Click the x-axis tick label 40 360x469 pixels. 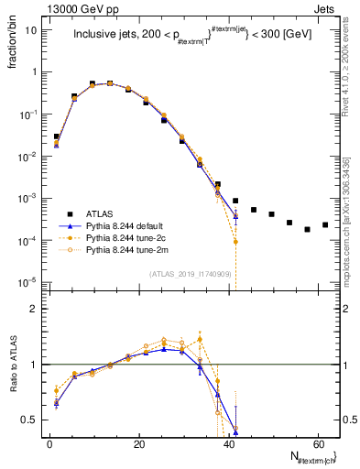click(x=228, y=443)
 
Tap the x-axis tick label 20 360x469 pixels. click(x=139, y=443)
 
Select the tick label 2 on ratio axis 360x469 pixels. click(x=35, y=309)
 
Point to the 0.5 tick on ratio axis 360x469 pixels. click(x=30, y=420)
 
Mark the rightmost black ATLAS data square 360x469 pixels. click(x=325, y=224)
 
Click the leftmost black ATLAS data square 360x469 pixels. click(x=56, y=136)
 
